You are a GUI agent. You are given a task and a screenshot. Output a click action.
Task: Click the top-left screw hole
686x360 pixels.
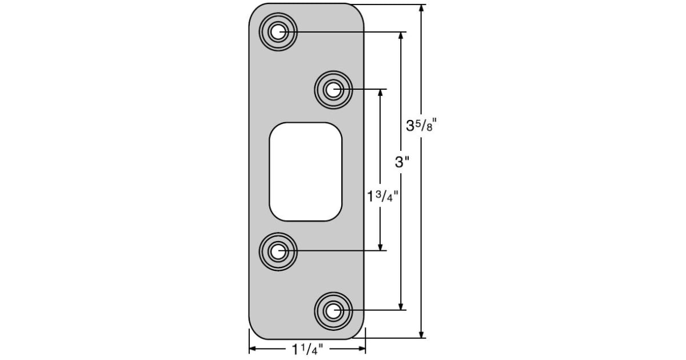(278, 32)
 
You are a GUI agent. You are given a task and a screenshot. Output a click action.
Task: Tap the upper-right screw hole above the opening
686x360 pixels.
(333, 89)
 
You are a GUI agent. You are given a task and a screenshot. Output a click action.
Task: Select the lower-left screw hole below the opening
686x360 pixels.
(278, 250)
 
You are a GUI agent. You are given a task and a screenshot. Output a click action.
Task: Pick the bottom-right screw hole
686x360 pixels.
(333, 311)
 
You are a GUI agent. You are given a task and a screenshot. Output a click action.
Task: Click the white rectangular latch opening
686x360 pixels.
(306, 171)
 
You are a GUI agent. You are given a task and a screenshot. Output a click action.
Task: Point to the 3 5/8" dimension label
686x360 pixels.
(421, 126)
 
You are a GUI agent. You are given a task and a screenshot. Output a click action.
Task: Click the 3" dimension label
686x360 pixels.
(402, 162)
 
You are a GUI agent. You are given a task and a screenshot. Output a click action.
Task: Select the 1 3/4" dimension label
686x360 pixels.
(382, 197)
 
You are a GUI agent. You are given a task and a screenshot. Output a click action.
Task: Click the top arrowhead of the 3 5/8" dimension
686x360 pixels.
(422, 9)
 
